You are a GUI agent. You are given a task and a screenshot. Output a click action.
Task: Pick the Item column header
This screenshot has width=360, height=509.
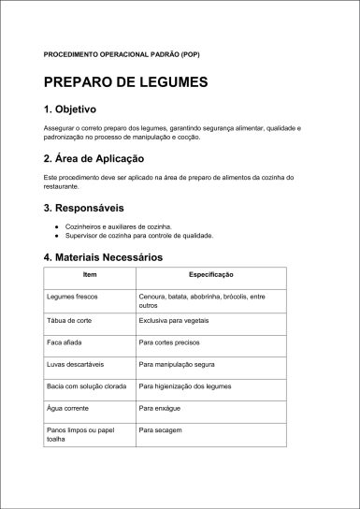point(90,275)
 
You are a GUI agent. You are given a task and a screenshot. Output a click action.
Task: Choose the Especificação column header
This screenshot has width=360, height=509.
point(211,275)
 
